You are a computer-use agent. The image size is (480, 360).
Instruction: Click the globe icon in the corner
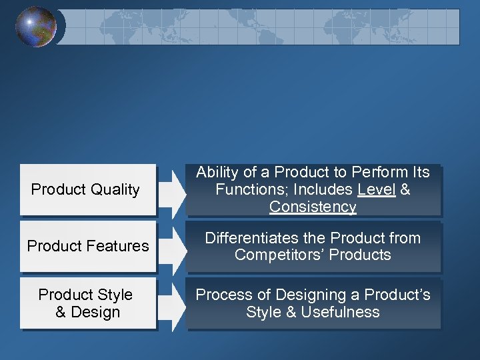[36, 27]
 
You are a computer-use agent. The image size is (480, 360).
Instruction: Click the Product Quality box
[87, 190]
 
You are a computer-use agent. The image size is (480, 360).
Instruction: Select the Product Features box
[87, 246]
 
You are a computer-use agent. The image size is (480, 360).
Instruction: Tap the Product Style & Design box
[87, 303]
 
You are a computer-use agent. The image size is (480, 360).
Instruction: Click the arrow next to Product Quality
[172, 190]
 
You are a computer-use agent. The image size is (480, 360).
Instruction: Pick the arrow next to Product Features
[172, 246]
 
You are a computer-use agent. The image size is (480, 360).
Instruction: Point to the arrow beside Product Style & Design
[172, 303]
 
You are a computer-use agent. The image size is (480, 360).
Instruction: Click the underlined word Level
[377, 189]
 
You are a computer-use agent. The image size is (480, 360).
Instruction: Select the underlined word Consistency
[313, 207]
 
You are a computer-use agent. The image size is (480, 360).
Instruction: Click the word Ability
[217, 172]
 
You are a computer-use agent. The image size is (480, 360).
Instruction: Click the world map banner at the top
[260, 27]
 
